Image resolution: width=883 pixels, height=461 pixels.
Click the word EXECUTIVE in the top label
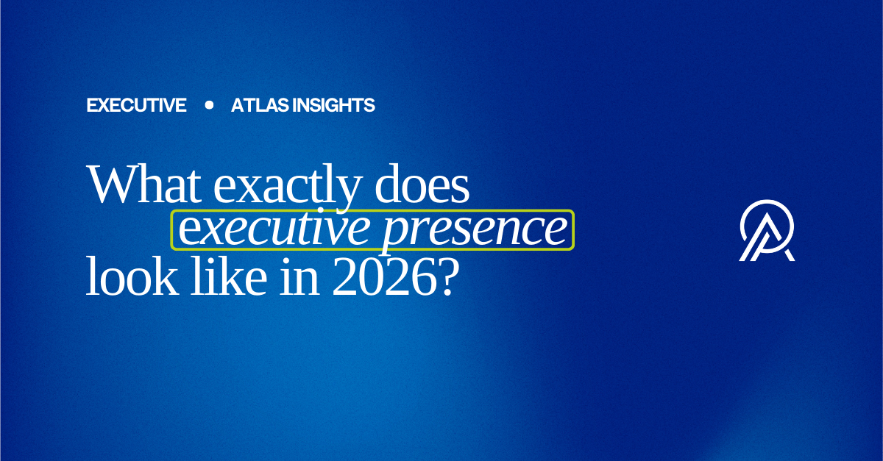[136, 105]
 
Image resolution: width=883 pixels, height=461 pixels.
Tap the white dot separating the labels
[209, 105]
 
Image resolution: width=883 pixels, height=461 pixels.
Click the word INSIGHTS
[333, 105]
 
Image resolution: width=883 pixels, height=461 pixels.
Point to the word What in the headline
[144, 185]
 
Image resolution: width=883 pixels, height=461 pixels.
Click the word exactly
[288, 188]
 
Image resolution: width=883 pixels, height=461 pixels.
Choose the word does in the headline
[422, 185]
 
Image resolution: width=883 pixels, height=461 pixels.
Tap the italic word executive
[274, 228]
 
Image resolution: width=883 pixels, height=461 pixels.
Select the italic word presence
[475, 232]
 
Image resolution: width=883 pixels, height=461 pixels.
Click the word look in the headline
[132, 276]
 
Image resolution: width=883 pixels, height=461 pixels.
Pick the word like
[229, 276]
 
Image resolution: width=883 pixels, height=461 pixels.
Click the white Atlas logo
[767, 231]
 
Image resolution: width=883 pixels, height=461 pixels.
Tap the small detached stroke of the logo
[789, 255]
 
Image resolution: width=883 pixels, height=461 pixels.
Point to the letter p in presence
[396, 235]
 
